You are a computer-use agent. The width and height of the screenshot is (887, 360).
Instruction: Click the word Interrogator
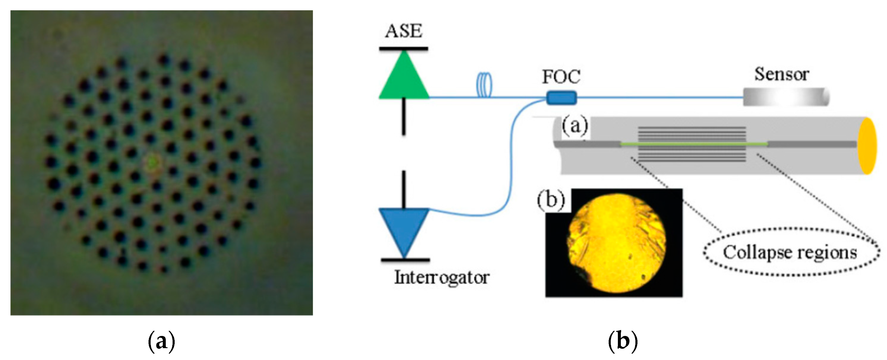click(441, 277)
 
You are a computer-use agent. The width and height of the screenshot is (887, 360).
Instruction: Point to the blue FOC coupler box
click(561, 97)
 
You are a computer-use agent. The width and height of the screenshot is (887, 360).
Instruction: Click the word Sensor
click(782, 74)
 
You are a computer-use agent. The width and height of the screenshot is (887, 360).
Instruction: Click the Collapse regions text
click(790, 252)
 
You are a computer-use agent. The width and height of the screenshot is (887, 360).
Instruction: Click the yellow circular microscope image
click(616, 243)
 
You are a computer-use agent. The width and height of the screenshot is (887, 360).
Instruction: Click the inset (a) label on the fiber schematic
click(574, 126)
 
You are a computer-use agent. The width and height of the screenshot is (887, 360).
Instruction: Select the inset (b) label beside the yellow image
click(551, 200)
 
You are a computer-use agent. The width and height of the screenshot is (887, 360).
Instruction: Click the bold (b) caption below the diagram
click(623, 341)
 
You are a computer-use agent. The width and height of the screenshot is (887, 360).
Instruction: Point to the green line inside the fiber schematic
click(694, 144)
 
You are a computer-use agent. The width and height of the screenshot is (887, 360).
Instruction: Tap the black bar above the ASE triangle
click(404, 49)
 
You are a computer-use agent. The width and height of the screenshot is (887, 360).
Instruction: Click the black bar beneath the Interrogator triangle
click(405, 260)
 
